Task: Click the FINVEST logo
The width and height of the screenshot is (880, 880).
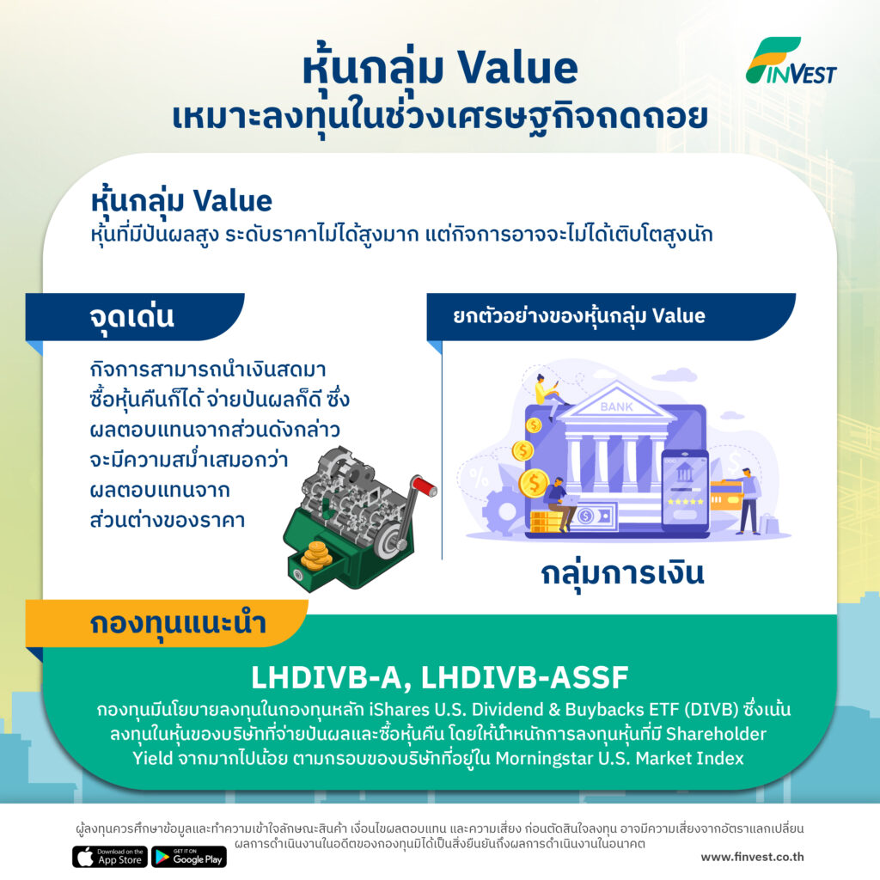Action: click(x=791, y=61)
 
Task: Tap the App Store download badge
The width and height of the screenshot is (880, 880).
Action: click(x=109, y=857)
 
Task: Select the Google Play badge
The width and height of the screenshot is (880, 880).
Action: click(x=189, y=857)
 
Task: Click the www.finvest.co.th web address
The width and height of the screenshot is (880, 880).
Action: click(x=752, y=857)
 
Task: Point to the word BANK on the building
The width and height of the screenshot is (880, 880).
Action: click(x=616, y=406)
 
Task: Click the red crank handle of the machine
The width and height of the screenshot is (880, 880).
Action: click(x=425, y=486)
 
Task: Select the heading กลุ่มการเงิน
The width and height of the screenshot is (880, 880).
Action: click(x=622, y=573)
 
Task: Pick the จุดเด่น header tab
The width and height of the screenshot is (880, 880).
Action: click(x=135, y=316)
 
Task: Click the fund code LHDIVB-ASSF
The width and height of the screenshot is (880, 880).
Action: click(x=525, y=677)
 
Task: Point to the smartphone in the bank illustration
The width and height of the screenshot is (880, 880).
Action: click(x=684, y=491)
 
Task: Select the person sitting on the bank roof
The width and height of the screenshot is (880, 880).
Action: click(x=547, y=393)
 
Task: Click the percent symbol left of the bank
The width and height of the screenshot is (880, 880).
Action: click(x=480, y=478)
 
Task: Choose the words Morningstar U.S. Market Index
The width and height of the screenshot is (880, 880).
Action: click(x=620, y=758)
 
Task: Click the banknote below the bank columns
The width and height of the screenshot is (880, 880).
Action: click(x=595, y=516)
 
